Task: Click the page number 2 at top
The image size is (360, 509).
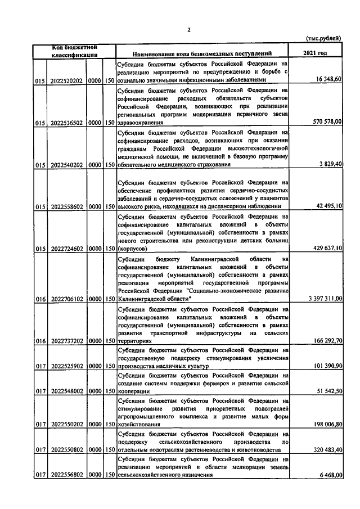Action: coord(189,30)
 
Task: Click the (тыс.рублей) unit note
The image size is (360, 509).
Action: coord(323,38)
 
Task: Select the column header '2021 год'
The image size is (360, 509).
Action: coord(314,53)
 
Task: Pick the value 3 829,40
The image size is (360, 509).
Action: coord(330,164)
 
